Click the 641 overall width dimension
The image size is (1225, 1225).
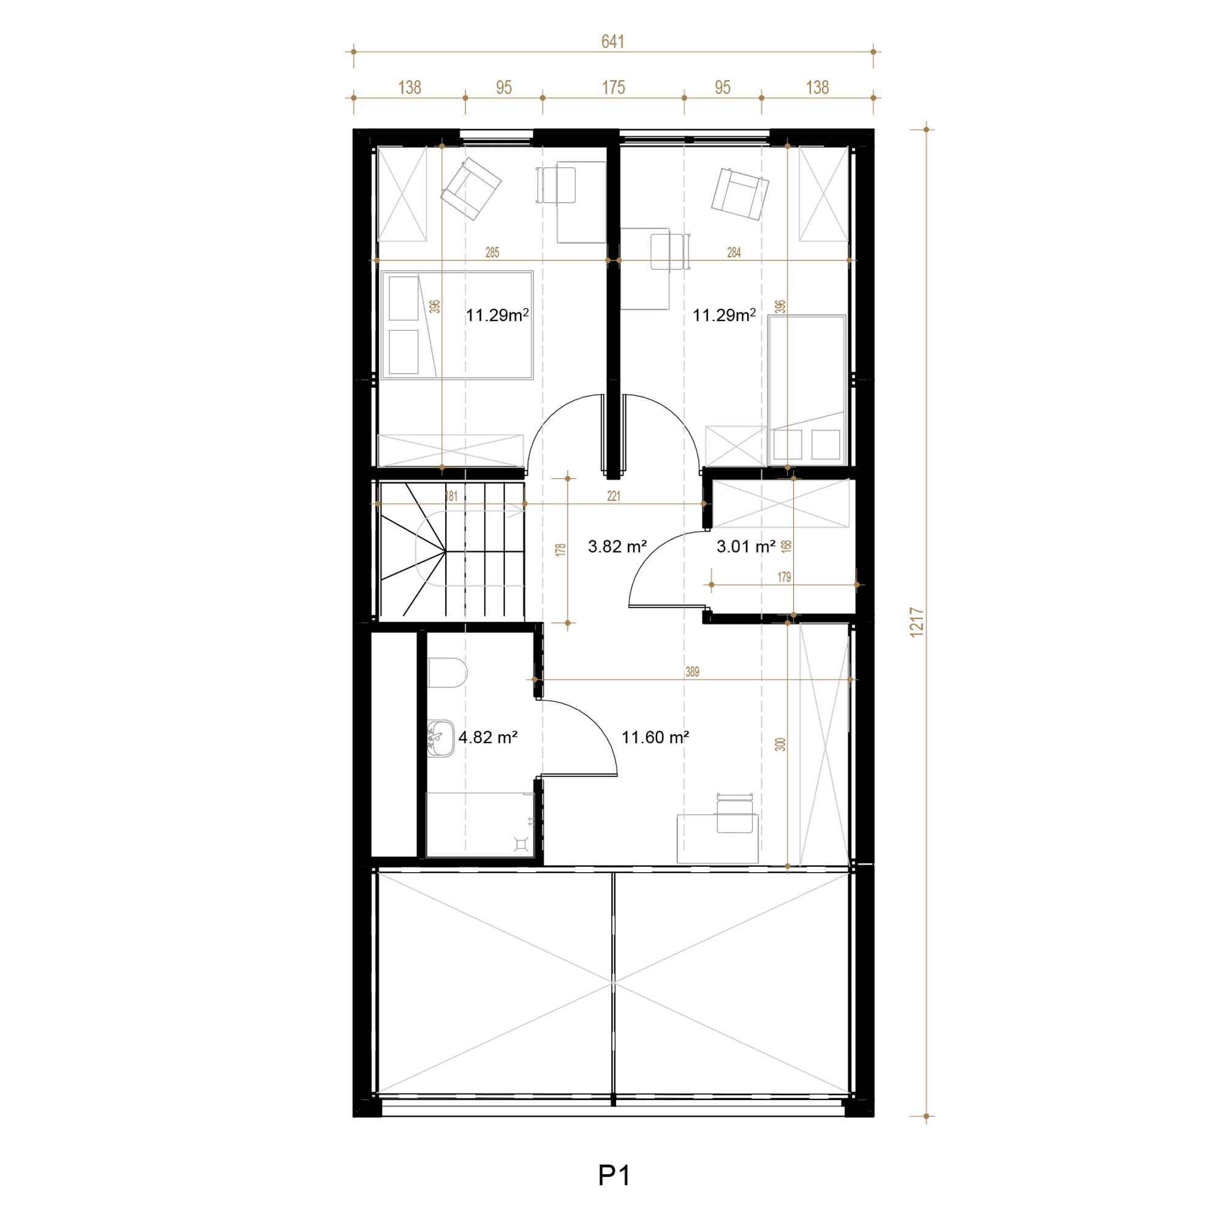612,42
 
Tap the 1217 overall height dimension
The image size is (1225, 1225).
916,622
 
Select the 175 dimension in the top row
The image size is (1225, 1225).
613,88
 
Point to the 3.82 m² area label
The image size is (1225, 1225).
617,546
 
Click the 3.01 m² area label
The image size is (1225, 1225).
745,546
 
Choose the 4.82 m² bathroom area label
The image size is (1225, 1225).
488,737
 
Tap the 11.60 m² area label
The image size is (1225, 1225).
655,737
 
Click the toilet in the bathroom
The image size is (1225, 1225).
447,673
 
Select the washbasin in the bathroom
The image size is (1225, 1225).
440,738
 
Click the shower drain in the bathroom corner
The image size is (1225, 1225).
521,844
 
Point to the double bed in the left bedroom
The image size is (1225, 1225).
457,325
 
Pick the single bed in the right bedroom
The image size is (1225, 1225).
807,390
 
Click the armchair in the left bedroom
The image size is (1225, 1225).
471,187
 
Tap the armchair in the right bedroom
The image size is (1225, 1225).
740,194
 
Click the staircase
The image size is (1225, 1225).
452,549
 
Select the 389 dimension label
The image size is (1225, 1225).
692,671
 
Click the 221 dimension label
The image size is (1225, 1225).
613,496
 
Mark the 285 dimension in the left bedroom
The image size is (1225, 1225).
492,252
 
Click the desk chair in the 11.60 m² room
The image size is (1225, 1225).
734,813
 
